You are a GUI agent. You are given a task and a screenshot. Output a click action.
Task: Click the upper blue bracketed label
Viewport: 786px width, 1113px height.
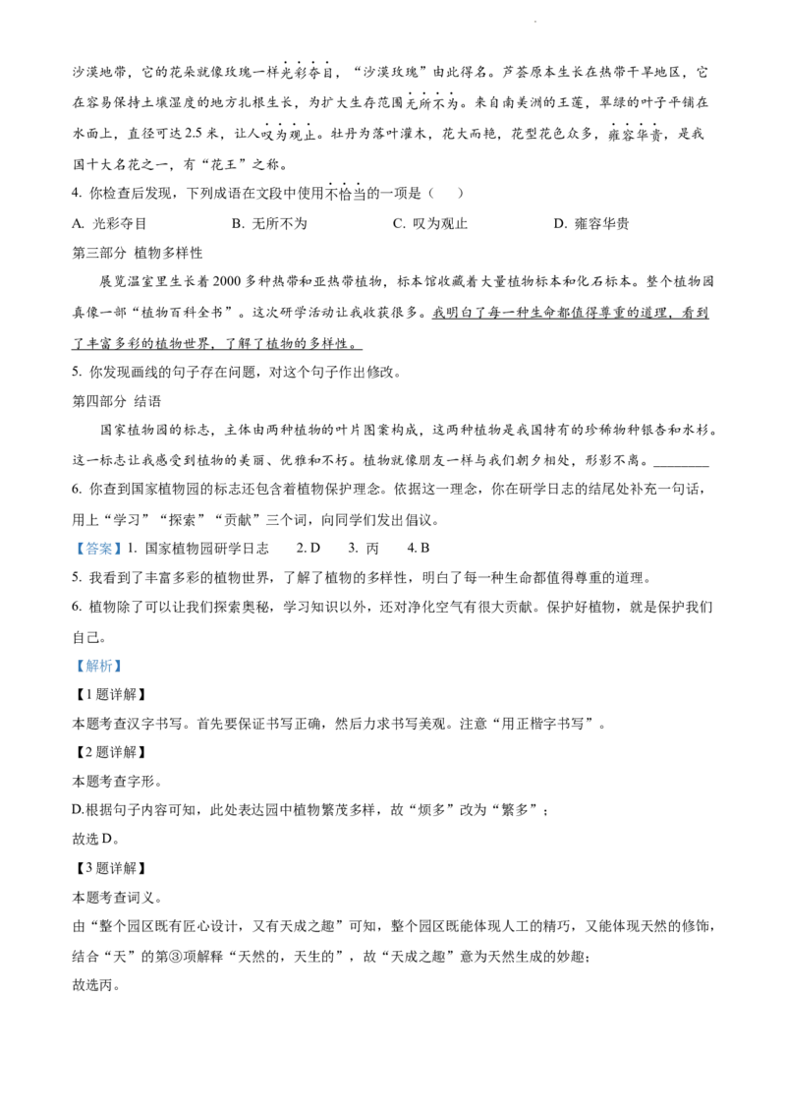pos(98,548)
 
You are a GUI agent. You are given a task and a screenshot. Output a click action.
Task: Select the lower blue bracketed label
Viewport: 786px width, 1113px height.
pos(98,666)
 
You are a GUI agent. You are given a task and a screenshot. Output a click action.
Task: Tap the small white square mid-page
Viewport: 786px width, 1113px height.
pos(279,602)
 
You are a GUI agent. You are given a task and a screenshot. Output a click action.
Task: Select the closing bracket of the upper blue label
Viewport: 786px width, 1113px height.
pos(119,548)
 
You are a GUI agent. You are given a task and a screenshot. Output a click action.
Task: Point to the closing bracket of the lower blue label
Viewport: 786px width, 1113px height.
pos(119,666)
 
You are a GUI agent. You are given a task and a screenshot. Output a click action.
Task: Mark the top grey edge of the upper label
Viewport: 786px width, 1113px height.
pos(98,537)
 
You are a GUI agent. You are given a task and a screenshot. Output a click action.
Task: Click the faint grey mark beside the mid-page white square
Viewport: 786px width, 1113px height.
pos(287,600)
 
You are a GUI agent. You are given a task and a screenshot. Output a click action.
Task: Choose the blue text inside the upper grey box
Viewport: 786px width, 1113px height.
pos(98,549)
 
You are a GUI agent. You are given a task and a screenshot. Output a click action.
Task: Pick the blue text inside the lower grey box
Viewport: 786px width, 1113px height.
pos(98,667)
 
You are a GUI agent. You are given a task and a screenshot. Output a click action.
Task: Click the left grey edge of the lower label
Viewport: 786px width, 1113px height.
pos(73,666)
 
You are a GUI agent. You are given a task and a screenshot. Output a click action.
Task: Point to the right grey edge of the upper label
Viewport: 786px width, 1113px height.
pos(124,548)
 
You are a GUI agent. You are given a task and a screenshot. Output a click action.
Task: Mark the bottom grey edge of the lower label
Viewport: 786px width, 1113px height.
pos(98,674)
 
